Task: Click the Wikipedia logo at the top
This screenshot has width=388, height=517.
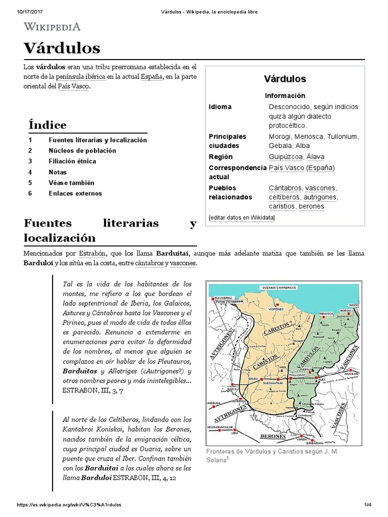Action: (52, 27)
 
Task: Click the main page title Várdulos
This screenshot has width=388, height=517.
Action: (62, 48)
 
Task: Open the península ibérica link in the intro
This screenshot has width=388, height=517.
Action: (80, 76)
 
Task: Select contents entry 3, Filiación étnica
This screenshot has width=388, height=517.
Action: (72, 161)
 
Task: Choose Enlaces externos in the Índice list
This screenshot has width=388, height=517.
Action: (75, 193)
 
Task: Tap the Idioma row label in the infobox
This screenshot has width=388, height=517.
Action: (220, 107)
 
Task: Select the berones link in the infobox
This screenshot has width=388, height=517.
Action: (311, 206)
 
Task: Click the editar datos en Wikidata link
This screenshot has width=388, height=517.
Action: (242, 218)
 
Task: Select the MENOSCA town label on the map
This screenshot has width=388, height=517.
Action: (327, 314)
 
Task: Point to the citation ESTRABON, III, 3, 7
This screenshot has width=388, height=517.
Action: (92, 390)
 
